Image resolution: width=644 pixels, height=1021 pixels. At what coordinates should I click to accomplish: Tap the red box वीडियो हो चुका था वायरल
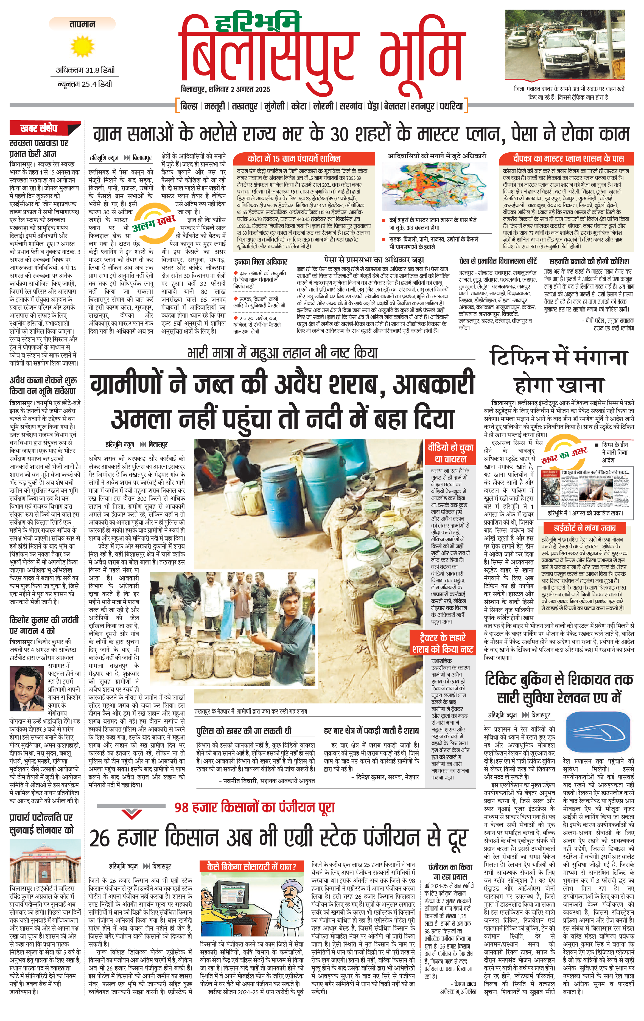tap(450, 453)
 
